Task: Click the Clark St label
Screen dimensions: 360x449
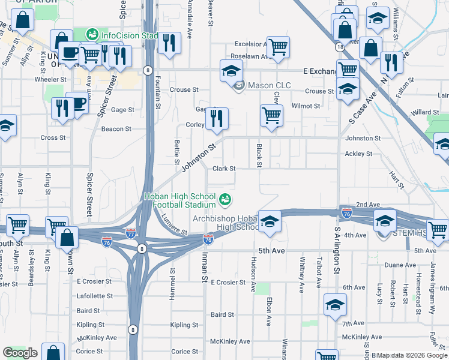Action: pos(223,169)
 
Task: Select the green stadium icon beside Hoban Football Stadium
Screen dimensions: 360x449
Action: pos(226,199)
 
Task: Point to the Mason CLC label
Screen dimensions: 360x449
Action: pos(269,85)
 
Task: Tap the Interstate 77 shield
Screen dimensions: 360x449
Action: pos(131,231)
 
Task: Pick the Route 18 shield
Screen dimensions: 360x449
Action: pos(340,46)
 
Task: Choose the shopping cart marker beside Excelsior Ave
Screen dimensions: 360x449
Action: pos(278,47)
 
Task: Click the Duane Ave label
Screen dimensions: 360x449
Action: pos(400,265)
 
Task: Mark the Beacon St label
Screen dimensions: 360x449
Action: pos(116,129)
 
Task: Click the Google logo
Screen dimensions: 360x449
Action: pos(20,353)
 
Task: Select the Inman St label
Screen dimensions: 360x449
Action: pos(204,271)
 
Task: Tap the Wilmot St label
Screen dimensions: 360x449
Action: pos(306,106)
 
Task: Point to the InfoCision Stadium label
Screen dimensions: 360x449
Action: pos(128,35)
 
